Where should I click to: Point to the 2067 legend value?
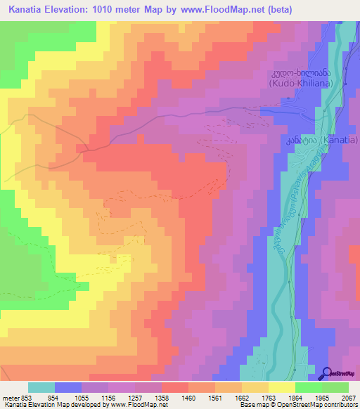(x=349, y=396)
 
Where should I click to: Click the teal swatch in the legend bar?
(x=41, y=387)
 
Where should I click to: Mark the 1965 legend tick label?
(x=322, y=396)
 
